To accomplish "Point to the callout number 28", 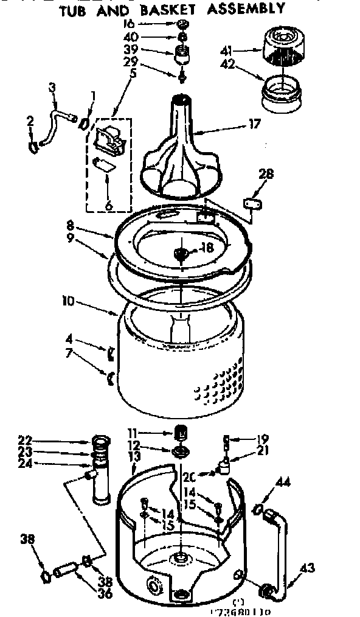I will (266, 175).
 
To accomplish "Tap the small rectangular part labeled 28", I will (252, 203).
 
